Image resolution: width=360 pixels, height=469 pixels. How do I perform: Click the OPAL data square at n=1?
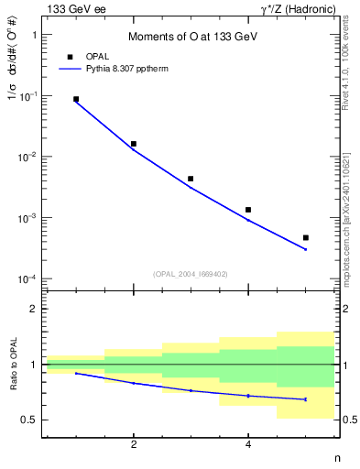(x=76, y=99)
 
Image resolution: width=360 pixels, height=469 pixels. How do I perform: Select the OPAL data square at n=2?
(x=134, y=144)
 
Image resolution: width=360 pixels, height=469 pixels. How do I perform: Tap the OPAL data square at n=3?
(x=191, y=179)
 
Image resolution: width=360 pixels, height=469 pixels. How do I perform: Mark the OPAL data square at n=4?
(x=248, y=210)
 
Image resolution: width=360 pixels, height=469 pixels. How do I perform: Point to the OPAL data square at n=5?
(x=305, y=237)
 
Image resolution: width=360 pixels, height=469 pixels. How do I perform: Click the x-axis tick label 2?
(x=134, y=445)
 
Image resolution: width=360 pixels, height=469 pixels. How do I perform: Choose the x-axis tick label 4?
(x=248, y=445)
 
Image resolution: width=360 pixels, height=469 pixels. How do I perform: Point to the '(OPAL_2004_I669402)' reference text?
(x=191, y=272)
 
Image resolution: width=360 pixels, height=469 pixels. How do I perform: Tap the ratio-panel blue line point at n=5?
(x=305, y=399)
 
